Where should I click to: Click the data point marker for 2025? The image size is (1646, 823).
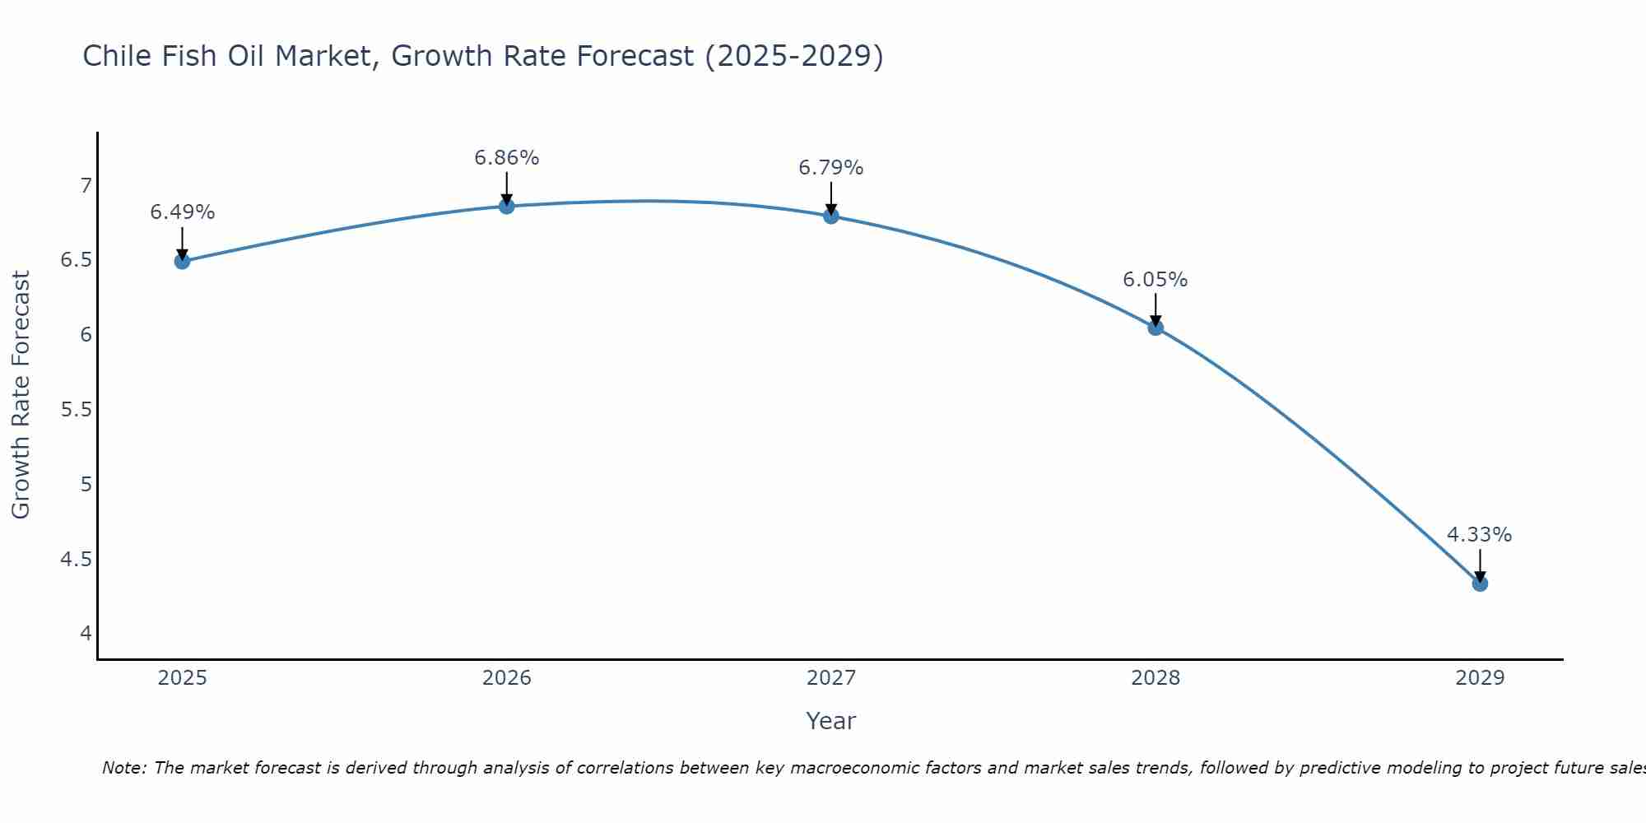point(182,262)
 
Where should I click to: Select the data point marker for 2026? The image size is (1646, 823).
point(507,206)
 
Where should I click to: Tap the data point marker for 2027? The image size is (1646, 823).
point(831,216)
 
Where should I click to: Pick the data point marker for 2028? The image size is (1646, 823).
point(1155,328)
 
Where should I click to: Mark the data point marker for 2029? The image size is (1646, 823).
point(1480,584)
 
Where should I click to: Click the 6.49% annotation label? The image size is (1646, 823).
point(182,212)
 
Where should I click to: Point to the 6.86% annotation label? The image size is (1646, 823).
point(507,157)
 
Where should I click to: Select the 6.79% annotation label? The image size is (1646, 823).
point(831,168)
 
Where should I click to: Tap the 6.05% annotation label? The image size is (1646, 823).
point(1155,280)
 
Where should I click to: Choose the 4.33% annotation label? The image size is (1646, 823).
point(1480,535)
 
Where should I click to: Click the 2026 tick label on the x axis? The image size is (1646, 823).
point(507,678)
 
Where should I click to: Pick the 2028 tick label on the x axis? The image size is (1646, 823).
point(1155,678)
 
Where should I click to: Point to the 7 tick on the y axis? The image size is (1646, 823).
point(86,186)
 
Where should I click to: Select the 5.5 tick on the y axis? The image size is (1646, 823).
point(76,410)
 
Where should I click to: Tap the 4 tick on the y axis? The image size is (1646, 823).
point(86,634)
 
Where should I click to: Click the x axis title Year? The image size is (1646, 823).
point(831,721)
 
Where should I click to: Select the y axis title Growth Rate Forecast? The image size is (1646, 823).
point(21,395)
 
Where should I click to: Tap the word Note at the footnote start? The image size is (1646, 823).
point(123,768)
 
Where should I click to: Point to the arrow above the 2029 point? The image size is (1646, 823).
point(1480,565)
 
